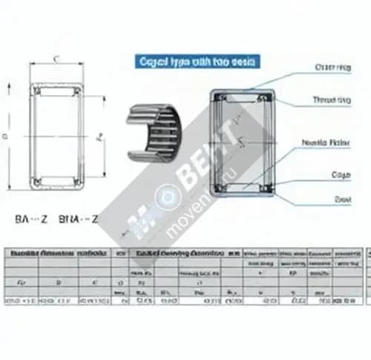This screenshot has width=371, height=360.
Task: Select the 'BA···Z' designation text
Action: [x=31, y=218]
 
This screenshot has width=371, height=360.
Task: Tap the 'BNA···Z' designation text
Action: [x=78, y=218]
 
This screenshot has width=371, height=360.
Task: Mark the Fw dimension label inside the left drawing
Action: [x=99, y=137]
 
